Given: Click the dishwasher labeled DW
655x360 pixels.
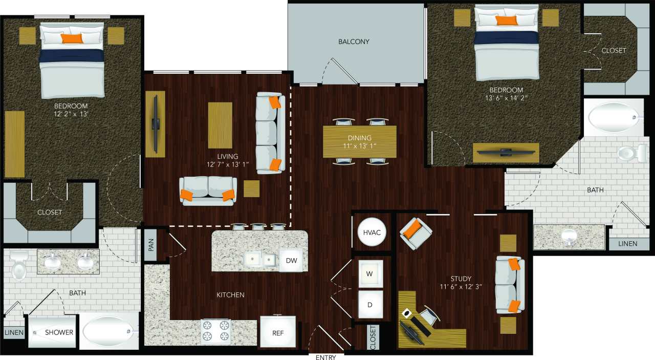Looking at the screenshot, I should (291, 260).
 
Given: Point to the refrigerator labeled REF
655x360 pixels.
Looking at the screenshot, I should (278, 332).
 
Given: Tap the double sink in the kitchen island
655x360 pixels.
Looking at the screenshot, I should (259, 259).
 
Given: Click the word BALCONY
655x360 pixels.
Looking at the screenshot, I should (354, 41).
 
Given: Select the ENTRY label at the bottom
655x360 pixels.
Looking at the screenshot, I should (325, 357).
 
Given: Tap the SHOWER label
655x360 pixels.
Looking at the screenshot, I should (59, 332).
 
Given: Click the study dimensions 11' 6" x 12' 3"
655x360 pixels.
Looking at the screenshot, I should (461, 287).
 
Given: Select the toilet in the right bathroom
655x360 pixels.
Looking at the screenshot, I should (629, 152).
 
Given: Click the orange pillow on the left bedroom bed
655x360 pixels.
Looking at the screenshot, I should (72, 38).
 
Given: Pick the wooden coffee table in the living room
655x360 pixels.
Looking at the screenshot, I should (220, 125).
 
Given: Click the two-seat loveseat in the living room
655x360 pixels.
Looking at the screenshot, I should (208, 190).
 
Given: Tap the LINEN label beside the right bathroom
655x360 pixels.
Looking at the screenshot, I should (627, 243).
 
